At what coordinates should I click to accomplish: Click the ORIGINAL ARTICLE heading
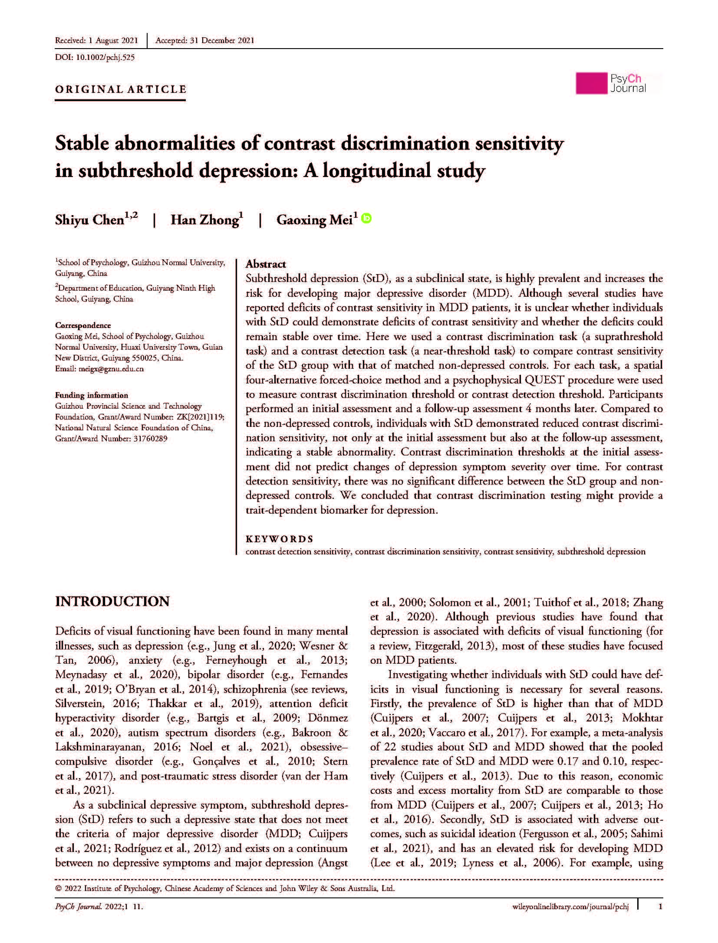click(121, 89)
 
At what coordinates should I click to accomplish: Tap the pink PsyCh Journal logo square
click(591, 83)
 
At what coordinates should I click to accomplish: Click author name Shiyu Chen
click(90, 220)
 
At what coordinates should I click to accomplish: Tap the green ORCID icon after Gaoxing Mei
click(367, 218)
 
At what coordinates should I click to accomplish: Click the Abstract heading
click(266, 264)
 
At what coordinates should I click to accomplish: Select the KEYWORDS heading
click(279, 539)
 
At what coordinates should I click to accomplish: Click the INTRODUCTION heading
click(112, 601)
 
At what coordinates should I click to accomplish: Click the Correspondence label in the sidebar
click(83, 325)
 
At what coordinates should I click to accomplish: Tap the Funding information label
click(91, 395)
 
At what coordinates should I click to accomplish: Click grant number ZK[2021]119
click(202, 416)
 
